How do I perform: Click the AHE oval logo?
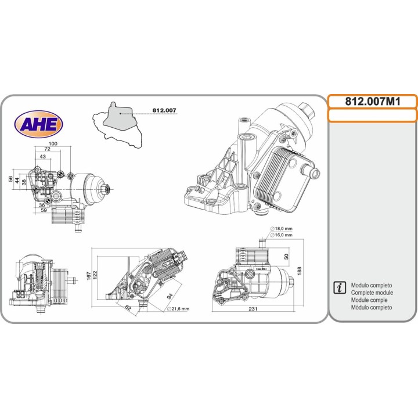tap(39, 124)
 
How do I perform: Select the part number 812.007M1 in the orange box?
tap(373, 102)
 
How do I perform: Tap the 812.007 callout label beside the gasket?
tap(164, 110)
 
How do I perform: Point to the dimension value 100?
tap(53, 143)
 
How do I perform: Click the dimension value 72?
tap(47, 149)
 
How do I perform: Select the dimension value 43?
tap(42, 157)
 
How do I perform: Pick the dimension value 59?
tap(44, 210)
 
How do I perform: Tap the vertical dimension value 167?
tap(89, 276)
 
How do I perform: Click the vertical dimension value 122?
tap(95, 275)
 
